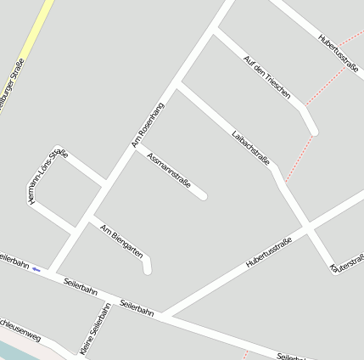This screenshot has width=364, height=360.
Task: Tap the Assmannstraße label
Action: click(x=169, y=174)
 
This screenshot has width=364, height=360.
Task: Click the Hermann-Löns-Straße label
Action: click(x=47, y=176)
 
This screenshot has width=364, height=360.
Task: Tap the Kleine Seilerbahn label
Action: click(x=96, y=330)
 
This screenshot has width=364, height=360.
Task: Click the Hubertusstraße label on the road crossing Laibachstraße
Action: click(x=269, y=254)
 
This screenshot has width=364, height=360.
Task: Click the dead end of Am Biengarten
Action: click(x=148, y=270)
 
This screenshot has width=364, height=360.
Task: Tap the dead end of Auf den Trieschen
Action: click(x=313, y=131)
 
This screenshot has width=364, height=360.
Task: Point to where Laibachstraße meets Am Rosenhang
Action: click(x=178, y=84)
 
